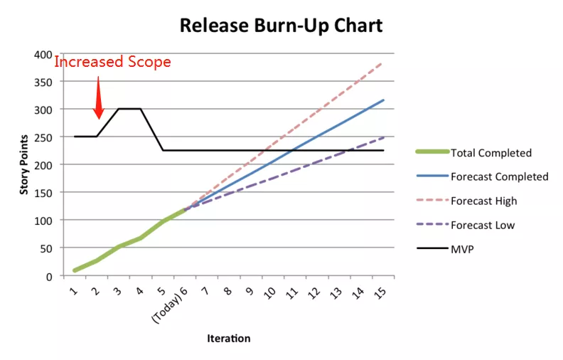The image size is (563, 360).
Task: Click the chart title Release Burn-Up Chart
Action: [281, 26]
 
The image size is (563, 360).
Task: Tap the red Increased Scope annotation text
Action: [113, 62]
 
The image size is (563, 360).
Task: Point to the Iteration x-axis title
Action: [228, 339]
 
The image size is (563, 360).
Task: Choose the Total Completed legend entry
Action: [490, 153]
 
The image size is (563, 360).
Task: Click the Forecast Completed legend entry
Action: [499, 176]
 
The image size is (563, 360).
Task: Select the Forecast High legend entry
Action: [483, 201]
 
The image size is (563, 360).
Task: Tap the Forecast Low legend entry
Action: [482, 226]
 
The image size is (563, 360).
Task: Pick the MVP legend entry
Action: [463, 250]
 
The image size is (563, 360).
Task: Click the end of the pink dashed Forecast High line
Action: [384, 63]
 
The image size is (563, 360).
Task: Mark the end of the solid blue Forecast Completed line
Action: [384, 100]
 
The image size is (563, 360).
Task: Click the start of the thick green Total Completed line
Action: [75, 270]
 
